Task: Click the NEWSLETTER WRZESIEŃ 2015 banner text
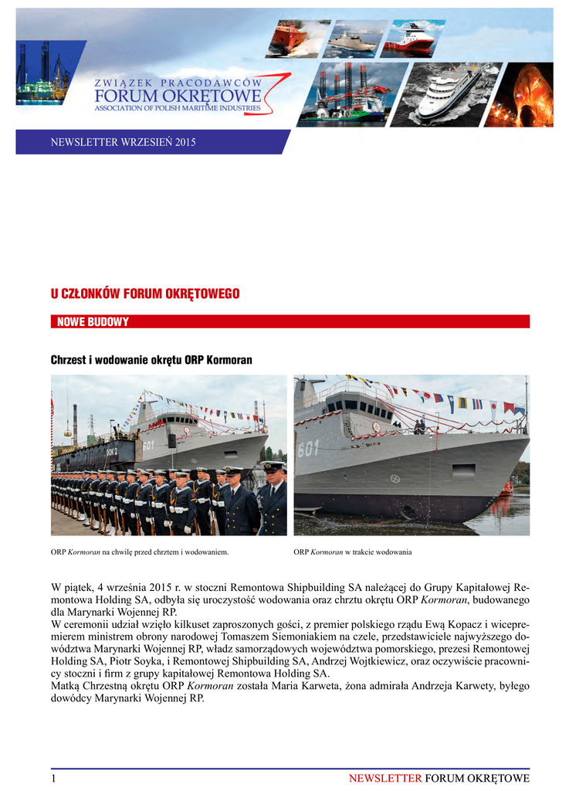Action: [123, 142]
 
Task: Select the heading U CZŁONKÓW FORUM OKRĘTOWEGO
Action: [145, 294]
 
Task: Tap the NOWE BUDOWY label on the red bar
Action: [93, 322]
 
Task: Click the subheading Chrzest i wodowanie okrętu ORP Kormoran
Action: [151, 361]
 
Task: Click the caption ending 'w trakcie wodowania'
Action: [353, 552]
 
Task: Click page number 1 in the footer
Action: [54, 778]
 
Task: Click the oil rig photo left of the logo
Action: [43, 73]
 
